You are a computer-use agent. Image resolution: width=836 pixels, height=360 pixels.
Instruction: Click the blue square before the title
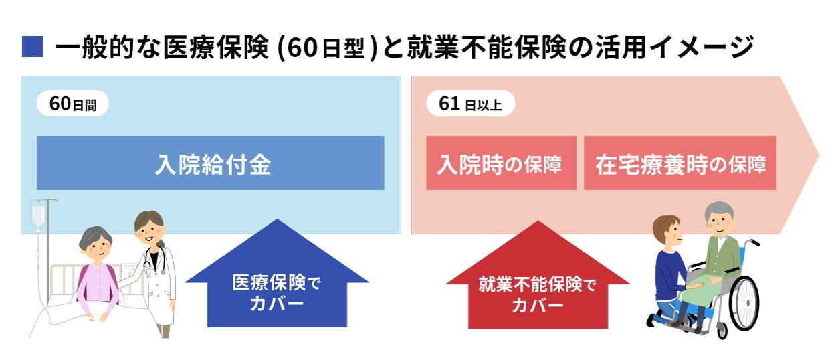[33, 47]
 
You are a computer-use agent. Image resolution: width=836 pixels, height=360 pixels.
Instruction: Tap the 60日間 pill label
[73, 104]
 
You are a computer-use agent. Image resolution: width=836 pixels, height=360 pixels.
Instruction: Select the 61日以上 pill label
[471, 104]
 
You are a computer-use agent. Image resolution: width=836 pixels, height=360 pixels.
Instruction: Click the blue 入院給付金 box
[211, 163]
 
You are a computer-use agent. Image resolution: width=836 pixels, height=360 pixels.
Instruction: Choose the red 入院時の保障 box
[501, 163]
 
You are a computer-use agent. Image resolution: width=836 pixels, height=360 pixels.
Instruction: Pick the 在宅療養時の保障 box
[680, 163]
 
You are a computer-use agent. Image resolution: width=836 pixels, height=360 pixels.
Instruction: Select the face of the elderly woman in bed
[97, 248]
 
